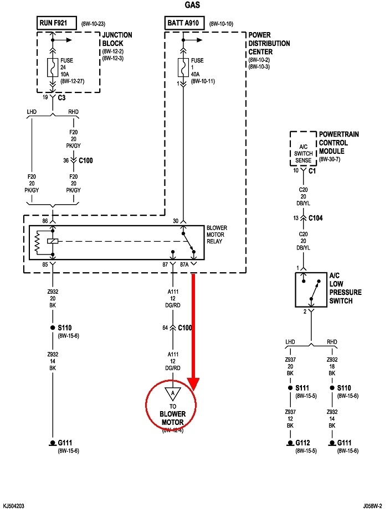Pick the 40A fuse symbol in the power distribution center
click(182, 67)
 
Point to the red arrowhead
click(193, 383)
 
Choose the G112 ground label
click(302, 443)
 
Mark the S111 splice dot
click(290, 388)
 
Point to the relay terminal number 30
click(176, 221)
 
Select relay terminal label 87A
click(184, 265)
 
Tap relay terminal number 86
click(45, 221)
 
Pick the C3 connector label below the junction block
click(62, 97)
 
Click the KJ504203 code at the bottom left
click(13, 506)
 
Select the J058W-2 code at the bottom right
click(374, 506)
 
